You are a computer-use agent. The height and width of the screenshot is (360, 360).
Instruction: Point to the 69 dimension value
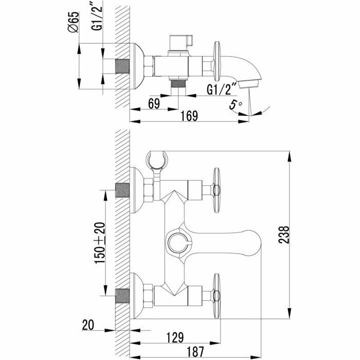[154, 102]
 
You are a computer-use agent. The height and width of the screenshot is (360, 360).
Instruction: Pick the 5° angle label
[236, 105]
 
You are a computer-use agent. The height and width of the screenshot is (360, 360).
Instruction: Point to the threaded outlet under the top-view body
[178, 83]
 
